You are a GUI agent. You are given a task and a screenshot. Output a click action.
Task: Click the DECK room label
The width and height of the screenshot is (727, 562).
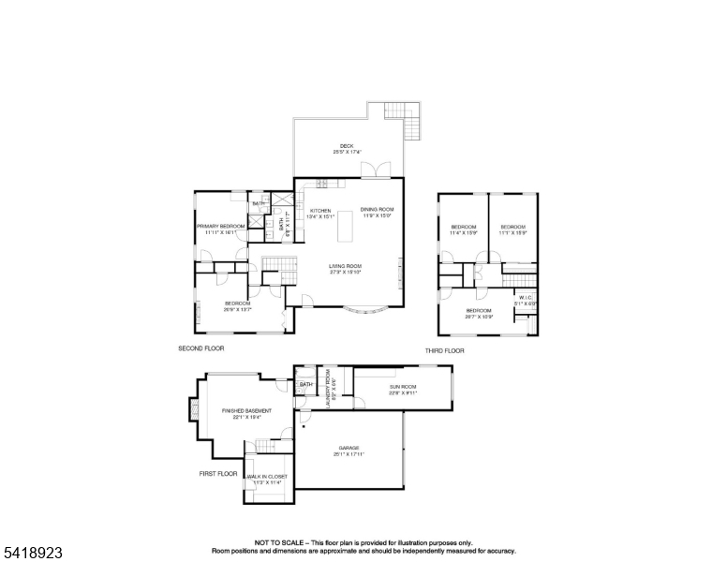coord(347,147)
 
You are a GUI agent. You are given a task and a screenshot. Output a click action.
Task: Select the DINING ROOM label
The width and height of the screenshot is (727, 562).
coord(377,212)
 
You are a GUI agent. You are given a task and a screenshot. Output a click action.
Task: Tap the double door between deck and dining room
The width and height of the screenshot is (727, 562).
coord(378,170)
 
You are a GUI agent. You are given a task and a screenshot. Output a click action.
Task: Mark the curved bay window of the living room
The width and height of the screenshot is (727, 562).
coord(364,311)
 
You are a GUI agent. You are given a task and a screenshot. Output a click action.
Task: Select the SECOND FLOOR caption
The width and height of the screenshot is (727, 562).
coord(200,349)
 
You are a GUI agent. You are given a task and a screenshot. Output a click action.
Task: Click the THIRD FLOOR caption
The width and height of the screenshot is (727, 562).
coord(444,350)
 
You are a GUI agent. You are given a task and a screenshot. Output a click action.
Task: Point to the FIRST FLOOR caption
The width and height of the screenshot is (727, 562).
coord(219,474)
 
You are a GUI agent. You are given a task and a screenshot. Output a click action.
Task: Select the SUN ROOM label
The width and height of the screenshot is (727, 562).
coord(403,388)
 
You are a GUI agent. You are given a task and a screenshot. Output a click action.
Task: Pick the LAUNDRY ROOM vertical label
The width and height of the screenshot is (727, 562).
coord(329,384)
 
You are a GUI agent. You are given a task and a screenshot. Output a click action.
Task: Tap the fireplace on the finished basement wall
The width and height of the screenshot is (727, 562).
coord(194,410)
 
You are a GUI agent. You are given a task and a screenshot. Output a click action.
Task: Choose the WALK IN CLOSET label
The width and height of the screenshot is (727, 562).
coord(267,479)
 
